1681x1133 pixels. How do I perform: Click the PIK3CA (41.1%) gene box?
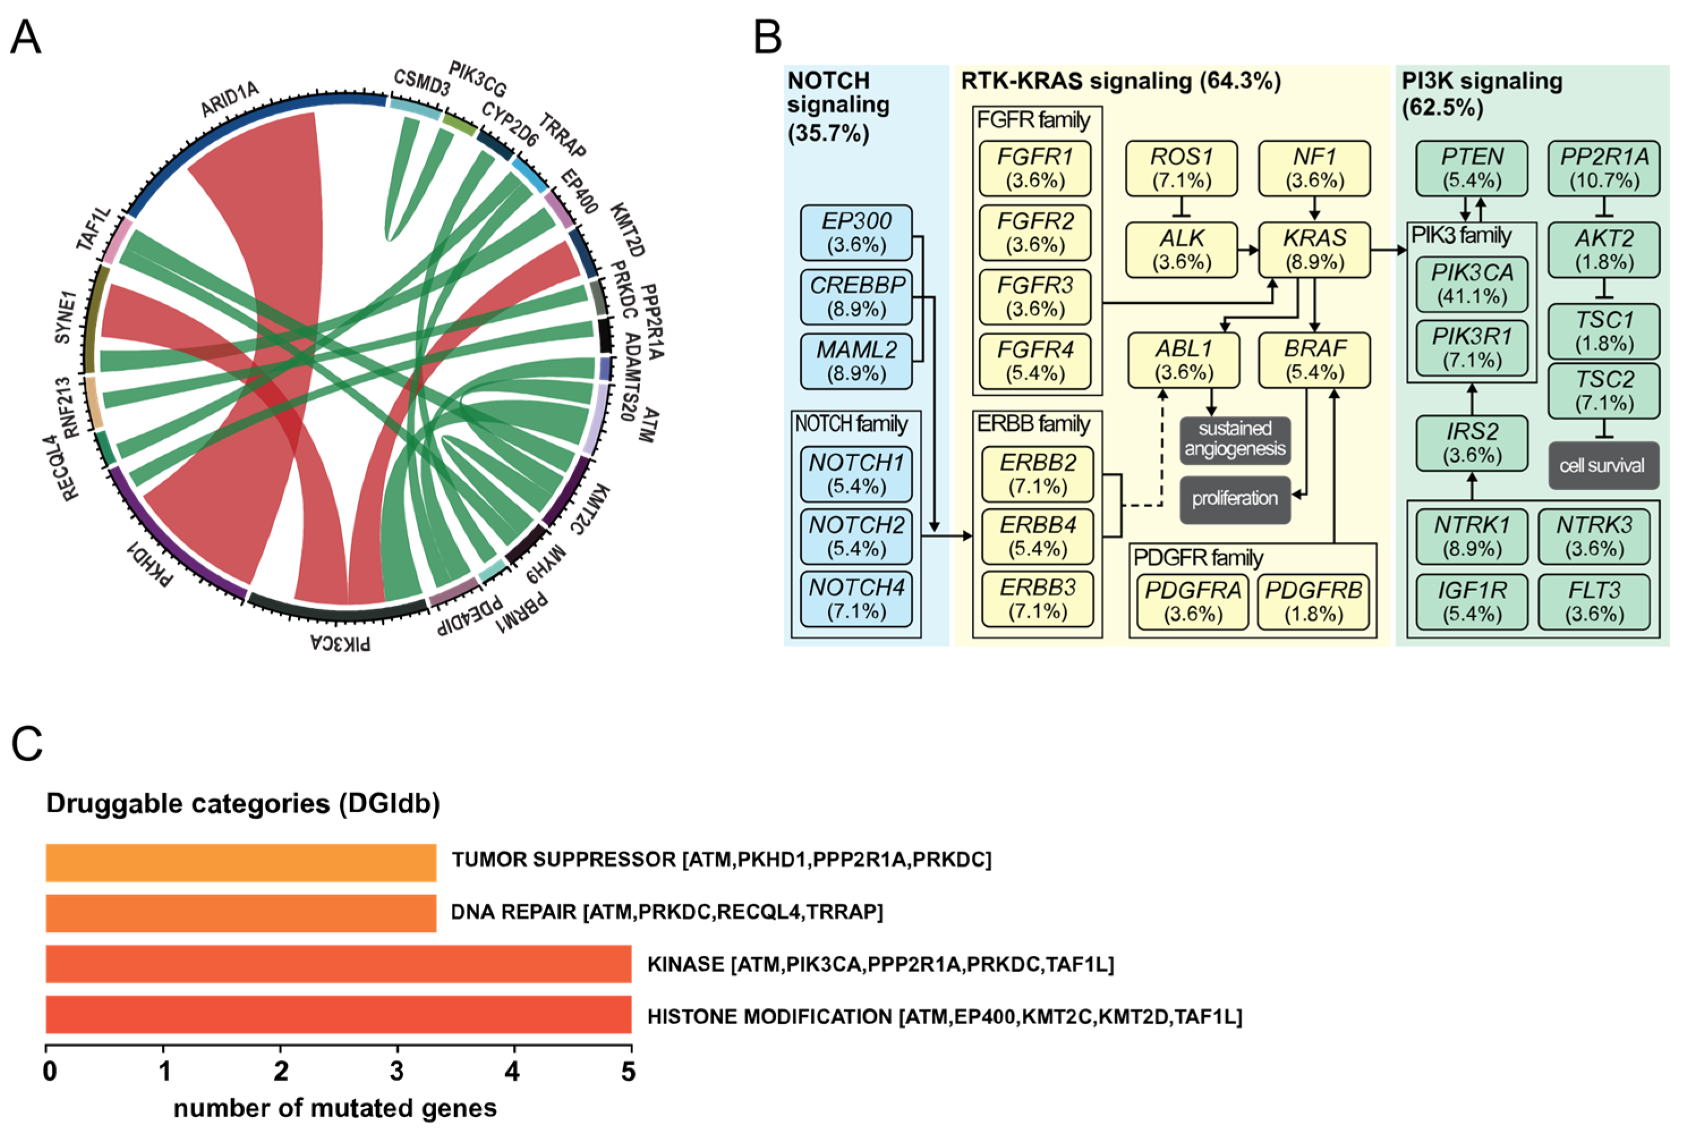coord(1471,284)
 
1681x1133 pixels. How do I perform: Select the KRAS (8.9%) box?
coord(1314,249)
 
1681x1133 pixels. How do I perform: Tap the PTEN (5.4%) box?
coord(1471,168)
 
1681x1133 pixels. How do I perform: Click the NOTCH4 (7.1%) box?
coord(856,599)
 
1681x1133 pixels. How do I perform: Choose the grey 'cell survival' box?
coord(1602,465)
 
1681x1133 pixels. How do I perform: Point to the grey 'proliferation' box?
coord(1235,499)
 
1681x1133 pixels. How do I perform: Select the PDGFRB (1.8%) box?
coord(1313,602)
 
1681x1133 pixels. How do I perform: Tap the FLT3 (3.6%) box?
coord(1594,602)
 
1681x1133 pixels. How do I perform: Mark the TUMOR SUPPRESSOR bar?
coord(241,862)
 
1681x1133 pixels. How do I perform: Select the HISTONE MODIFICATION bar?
coord(338,1015)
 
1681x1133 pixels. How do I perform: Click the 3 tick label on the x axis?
coord(397,1071)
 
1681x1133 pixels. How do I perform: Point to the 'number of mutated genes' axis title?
coord(335,1107)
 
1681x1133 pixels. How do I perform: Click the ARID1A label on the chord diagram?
coord(229,99)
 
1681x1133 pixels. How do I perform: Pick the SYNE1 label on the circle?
coord(65,317)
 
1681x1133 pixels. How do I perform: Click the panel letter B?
coord(767,37)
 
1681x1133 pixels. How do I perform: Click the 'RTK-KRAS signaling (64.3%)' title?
coord(1120,81)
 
